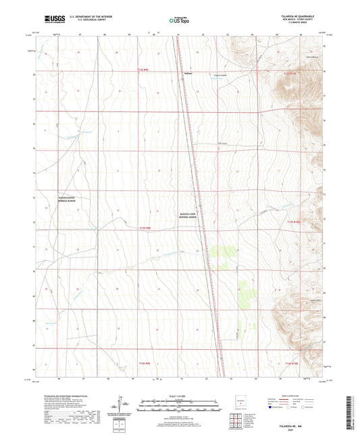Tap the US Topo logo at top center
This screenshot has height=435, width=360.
pyautogui.click(x=180, y=21)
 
